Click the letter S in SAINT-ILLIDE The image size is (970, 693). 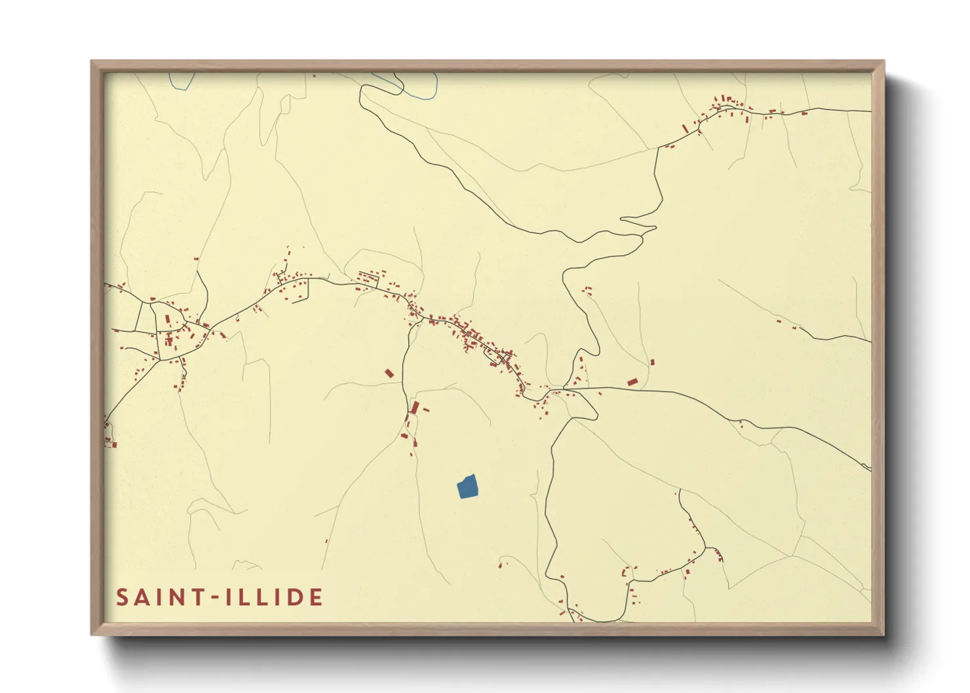click(123, 597)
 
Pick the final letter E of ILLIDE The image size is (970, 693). click(316, 597)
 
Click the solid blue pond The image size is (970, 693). click(467, 487)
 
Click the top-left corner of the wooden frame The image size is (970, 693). click(92, 62)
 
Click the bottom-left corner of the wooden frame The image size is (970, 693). click(92, 633)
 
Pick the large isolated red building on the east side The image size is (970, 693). click(632, 381)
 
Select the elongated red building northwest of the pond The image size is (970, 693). click(414, 408)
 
